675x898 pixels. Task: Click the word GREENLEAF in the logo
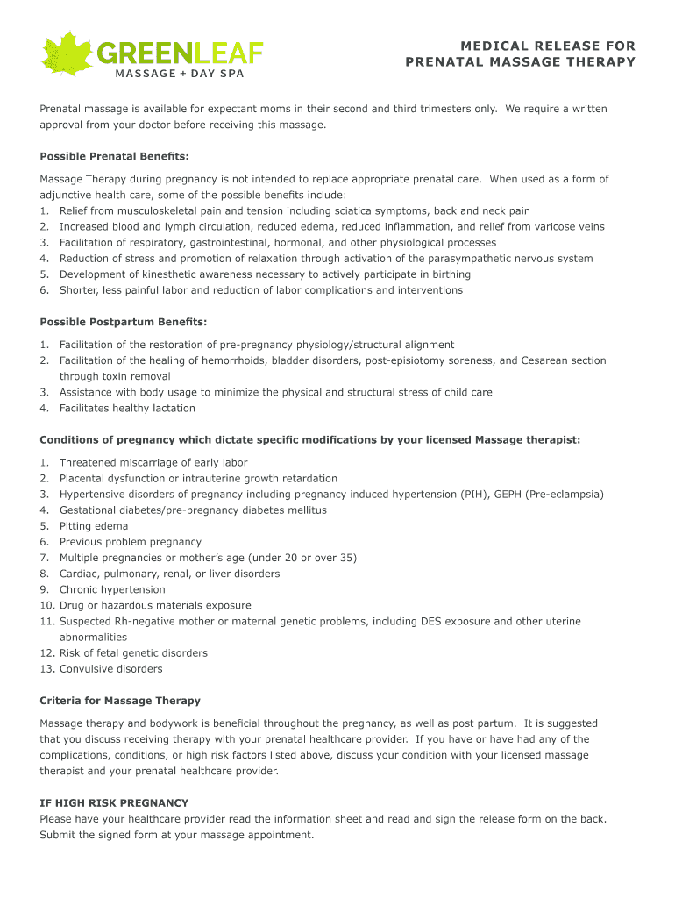point(180,53)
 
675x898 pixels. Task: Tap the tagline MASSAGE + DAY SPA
point(179,74)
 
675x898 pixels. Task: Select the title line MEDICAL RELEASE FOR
point(547,46)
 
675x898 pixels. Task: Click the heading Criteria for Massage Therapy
point(120,701)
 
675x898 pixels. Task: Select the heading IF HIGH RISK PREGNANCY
point(114,802)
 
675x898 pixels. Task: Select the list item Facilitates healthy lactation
point(127,408)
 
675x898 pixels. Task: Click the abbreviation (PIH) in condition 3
point(473,495)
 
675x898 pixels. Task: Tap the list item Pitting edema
point(94,526)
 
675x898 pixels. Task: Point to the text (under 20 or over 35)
point(302,558)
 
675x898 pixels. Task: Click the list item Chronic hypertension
point(112,589)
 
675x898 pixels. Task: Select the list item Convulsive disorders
point(110,669)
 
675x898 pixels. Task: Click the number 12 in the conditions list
point(46,653)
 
